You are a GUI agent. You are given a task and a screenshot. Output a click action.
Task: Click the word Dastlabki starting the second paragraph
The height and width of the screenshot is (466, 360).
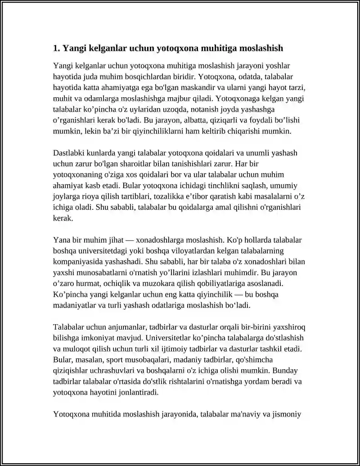[69, 153]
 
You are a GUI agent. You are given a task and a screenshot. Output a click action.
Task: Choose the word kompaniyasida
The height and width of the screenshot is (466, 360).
[76, 262]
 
